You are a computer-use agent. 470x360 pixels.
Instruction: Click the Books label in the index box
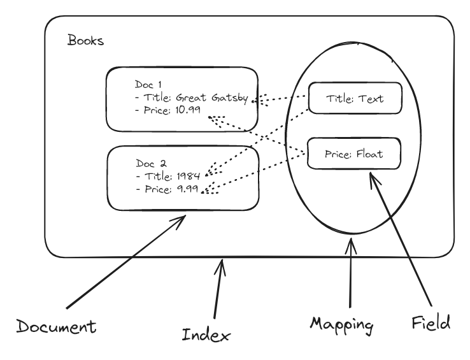point(85,41)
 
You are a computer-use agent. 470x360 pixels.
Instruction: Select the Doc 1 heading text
point(149,84)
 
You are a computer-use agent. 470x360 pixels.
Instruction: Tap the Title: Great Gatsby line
point(191,97)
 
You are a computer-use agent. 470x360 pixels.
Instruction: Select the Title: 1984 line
point(168,176)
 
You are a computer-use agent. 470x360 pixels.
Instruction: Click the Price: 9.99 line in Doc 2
point(167,189)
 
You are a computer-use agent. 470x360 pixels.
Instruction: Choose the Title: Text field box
point(355,98)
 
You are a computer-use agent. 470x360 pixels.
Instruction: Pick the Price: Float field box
point(354,154)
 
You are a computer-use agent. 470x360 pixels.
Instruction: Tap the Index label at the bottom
point(205,333)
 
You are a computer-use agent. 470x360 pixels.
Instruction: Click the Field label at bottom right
point(431,322)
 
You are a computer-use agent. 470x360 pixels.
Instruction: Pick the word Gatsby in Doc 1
point(231,97)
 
